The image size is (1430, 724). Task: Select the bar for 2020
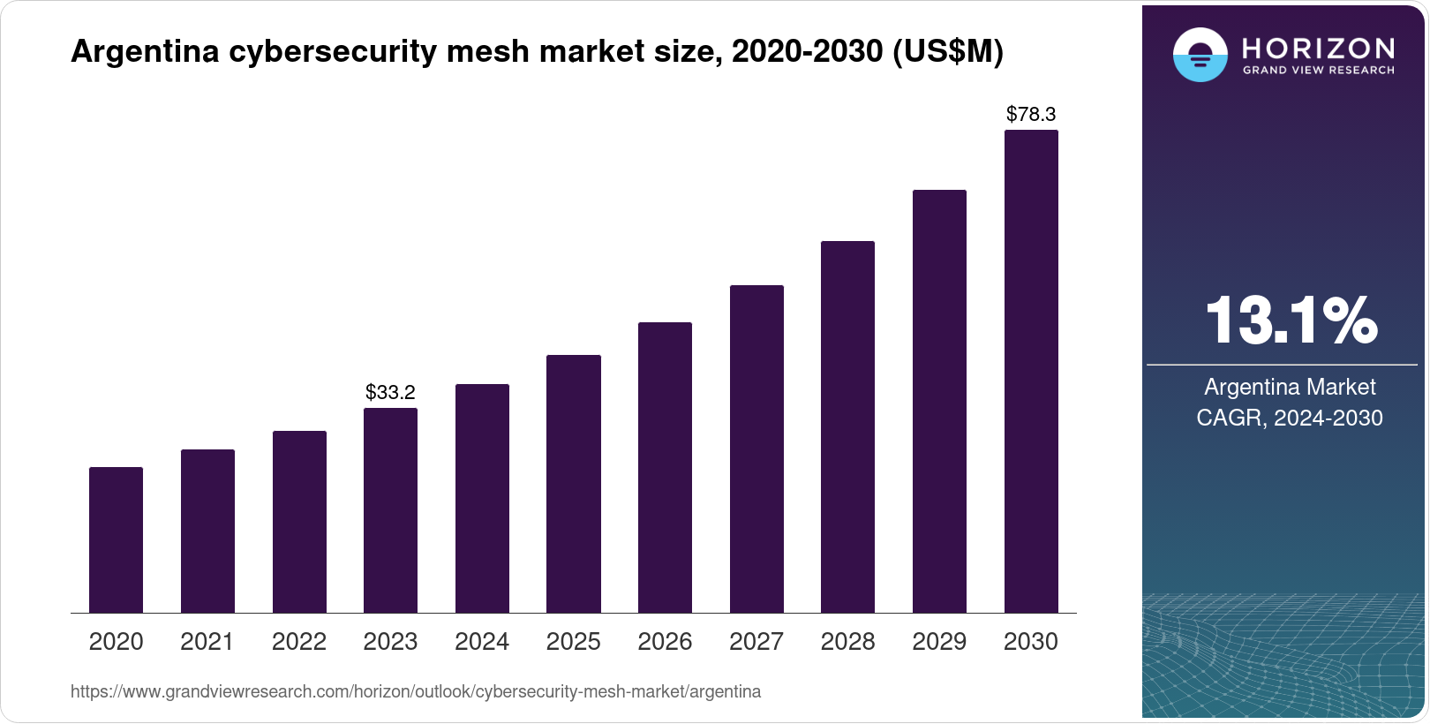point(116,539)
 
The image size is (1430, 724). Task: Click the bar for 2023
point(390,510)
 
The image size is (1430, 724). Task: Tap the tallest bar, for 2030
point(1031,371)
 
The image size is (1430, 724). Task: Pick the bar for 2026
point(665,467)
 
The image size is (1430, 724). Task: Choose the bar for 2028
point(847,426)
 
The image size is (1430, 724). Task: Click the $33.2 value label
point(390,392)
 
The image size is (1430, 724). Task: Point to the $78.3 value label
point(1031,114)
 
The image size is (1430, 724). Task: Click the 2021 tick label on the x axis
point(207,641)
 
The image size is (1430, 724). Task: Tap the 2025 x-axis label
point(573,641)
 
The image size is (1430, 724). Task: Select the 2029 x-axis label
point(939,641)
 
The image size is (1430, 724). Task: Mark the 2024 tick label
point(482,641)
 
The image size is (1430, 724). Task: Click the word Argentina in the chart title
point(145,51)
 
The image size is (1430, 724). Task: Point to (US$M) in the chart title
point(948,51)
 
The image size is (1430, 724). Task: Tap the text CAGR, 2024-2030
point(1290,418)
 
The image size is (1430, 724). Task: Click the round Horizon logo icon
point(1200,55)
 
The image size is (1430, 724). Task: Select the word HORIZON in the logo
point(1319,48)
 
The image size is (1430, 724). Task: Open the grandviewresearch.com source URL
point(415,691)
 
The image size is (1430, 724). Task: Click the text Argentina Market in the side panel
point(1290,387)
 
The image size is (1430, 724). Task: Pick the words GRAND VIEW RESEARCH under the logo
point(1319,70)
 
